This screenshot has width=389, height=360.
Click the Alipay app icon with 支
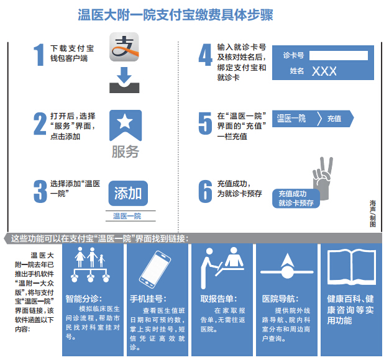point(124,47)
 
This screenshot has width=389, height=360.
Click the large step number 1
point(39,55)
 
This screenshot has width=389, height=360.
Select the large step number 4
point(206,55)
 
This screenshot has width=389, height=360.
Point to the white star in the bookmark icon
point(125,122)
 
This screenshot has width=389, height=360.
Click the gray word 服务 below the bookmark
point(126,151)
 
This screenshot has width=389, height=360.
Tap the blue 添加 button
point(128,193)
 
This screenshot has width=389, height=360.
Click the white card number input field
point(339,55)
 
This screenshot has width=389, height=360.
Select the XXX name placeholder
point(324,71)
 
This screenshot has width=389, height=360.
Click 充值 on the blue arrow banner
point(334,119)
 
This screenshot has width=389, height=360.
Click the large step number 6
point(206,191)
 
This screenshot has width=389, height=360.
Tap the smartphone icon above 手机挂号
point(155,269)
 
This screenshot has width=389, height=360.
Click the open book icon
point(352,267)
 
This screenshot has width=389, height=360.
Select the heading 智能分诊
point(84,299)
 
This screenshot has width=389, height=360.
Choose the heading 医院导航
point(280,299)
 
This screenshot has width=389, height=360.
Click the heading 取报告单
point(219,299)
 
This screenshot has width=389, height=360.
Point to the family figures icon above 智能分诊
point(90,264)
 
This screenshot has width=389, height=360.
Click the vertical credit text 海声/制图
point(373,214)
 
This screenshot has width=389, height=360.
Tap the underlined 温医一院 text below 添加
point(127,216)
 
